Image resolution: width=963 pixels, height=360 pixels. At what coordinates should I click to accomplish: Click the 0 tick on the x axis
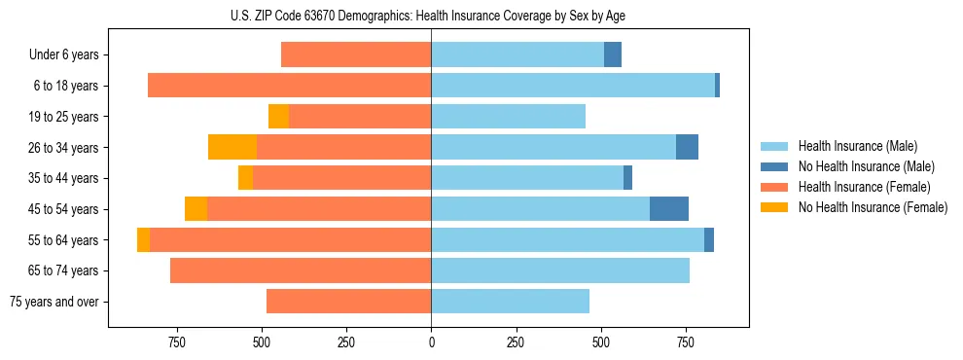[x=431, y=342]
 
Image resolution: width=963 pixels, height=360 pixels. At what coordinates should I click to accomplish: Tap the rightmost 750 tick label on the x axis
[x=686, y=342]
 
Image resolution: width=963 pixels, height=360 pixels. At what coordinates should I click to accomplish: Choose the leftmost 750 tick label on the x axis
[x=176, y=342]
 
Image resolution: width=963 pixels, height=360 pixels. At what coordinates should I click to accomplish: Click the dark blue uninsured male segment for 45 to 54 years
[x=669, y=209]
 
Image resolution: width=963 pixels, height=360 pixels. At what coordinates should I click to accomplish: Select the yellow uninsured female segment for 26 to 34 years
[x=232, y=147]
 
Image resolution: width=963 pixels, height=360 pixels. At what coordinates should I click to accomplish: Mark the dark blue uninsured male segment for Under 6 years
[x=613, y=54]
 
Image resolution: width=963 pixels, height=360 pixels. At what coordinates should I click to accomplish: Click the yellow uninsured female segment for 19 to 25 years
[x=279, y=117]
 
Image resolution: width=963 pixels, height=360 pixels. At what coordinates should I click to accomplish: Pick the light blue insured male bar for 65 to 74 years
[x=560, y=270]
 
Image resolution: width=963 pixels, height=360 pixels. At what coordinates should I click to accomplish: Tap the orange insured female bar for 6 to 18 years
[x=289, y=86]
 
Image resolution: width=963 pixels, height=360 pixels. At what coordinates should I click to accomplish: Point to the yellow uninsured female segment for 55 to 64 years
[x=143, y=239]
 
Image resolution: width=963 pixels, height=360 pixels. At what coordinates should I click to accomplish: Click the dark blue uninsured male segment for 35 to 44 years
[x=628, y=178]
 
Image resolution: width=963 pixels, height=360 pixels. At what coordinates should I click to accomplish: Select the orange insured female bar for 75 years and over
[x=348, y=302]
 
